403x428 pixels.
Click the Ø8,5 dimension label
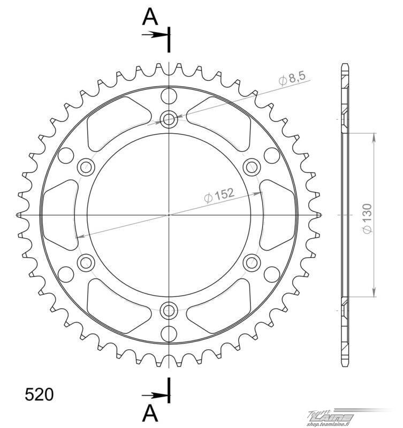292,79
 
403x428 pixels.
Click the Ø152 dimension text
219,195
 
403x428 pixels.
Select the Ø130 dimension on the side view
367,218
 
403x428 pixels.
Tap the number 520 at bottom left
39,394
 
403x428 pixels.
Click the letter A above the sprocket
150,17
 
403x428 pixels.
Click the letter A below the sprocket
150,412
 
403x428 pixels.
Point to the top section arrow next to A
154,35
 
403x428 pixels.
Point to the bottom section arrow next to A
154,395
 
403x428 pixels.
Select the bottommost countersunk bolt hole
169,310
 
